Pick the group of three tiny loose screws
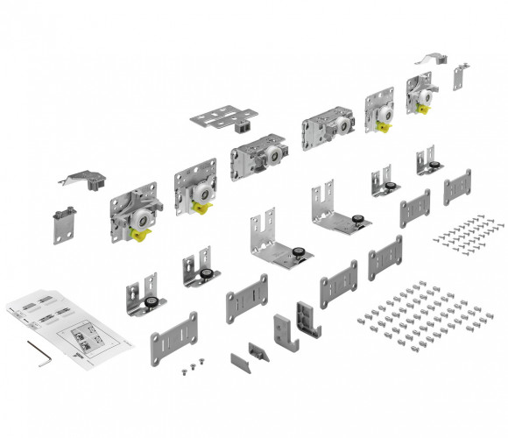pos(187,366)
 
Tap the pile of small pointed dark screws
pos(469,230)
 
